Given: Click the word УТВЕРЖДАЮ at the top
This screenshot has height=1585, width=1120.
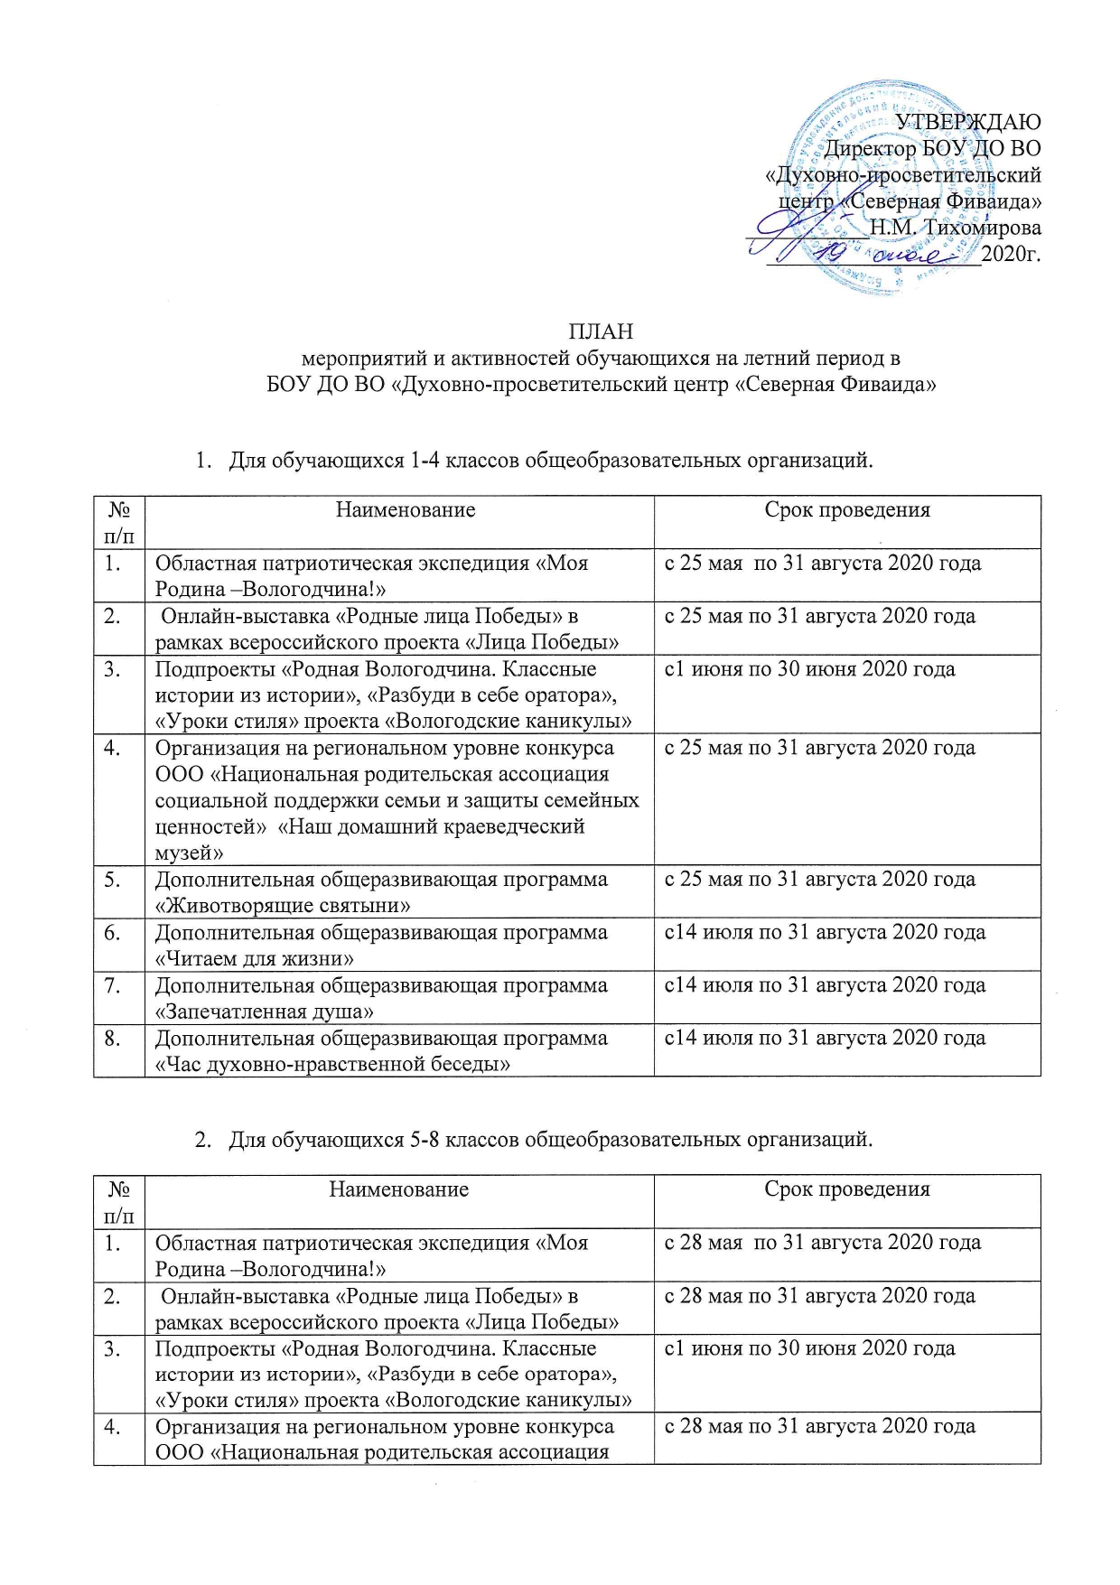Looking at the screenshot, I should (x=967, y=122).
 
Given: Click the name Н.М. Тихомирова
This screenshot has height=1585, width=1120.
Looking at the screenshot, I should (x=955, y=228).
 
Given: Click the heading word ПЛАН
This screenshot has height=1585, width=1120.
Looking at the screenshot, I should (x=600, y=331).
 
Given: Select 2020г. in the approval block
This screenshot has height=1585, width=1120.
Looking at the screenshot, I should (x=1011, y=254).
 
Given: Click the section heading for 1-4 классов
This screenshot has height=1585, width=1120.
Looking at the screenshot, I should (x=550, y=461).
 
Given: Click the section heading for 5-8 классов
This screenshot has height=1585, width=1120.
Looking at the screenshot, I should (x=550, y=1140).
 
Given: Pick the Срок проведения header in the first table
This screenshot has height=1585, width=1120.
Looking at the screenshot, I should (x=846, y=510).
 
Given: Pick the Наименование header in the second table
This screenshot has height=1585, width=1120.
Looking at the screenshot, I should (x=398, y=1189).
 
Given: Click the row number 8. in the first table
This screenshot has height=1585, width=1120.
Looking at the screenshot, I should (x=113, y=1039).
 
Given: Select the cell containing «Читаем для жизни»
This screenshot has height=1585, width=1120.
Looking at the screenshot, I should (x=398, y=945).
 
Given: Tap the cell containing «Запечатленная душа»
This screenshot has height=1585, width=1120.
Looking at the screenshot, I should (x=398, y=998).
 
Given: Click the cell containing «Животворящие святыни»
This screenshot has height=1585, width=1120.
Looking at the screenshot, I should (x=398, y=892).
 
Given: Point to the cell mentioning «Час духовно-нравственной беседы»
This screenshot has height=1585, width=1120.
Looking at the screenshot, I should (x=398, y=1051).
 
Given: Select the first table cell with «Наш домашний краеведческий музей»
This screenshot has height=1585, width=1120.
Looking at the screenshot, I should (x=398, y=799).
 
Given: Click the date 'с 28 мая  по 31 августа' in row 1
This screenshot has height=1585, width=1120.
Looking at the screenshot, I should (x=822, y=1243).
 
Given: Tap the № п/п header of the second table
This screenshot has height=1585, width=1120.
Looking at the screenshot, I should (x=119, y=1201).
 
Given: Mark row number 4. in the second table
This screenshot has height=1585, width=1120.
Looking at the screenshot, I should (x=113, y=1427).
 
